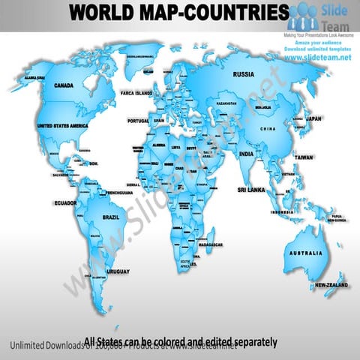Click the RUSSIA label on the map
tap(244, 74)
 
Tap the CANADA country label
tap(64, 85)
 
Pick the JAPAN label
tap(314, 118)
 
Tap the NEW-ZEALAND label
tap(330, 285)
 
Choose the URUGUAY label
tap(118, 271)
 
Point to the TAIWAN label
tap(304, 157)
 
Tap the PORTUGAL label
tap(139, 120)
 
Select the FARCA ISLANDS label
tap(137, 94)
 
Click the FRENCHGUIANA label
tap(120, 192)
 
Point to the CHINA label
tap(268, 130)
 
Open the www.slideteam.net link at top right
tap(318, 58)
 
